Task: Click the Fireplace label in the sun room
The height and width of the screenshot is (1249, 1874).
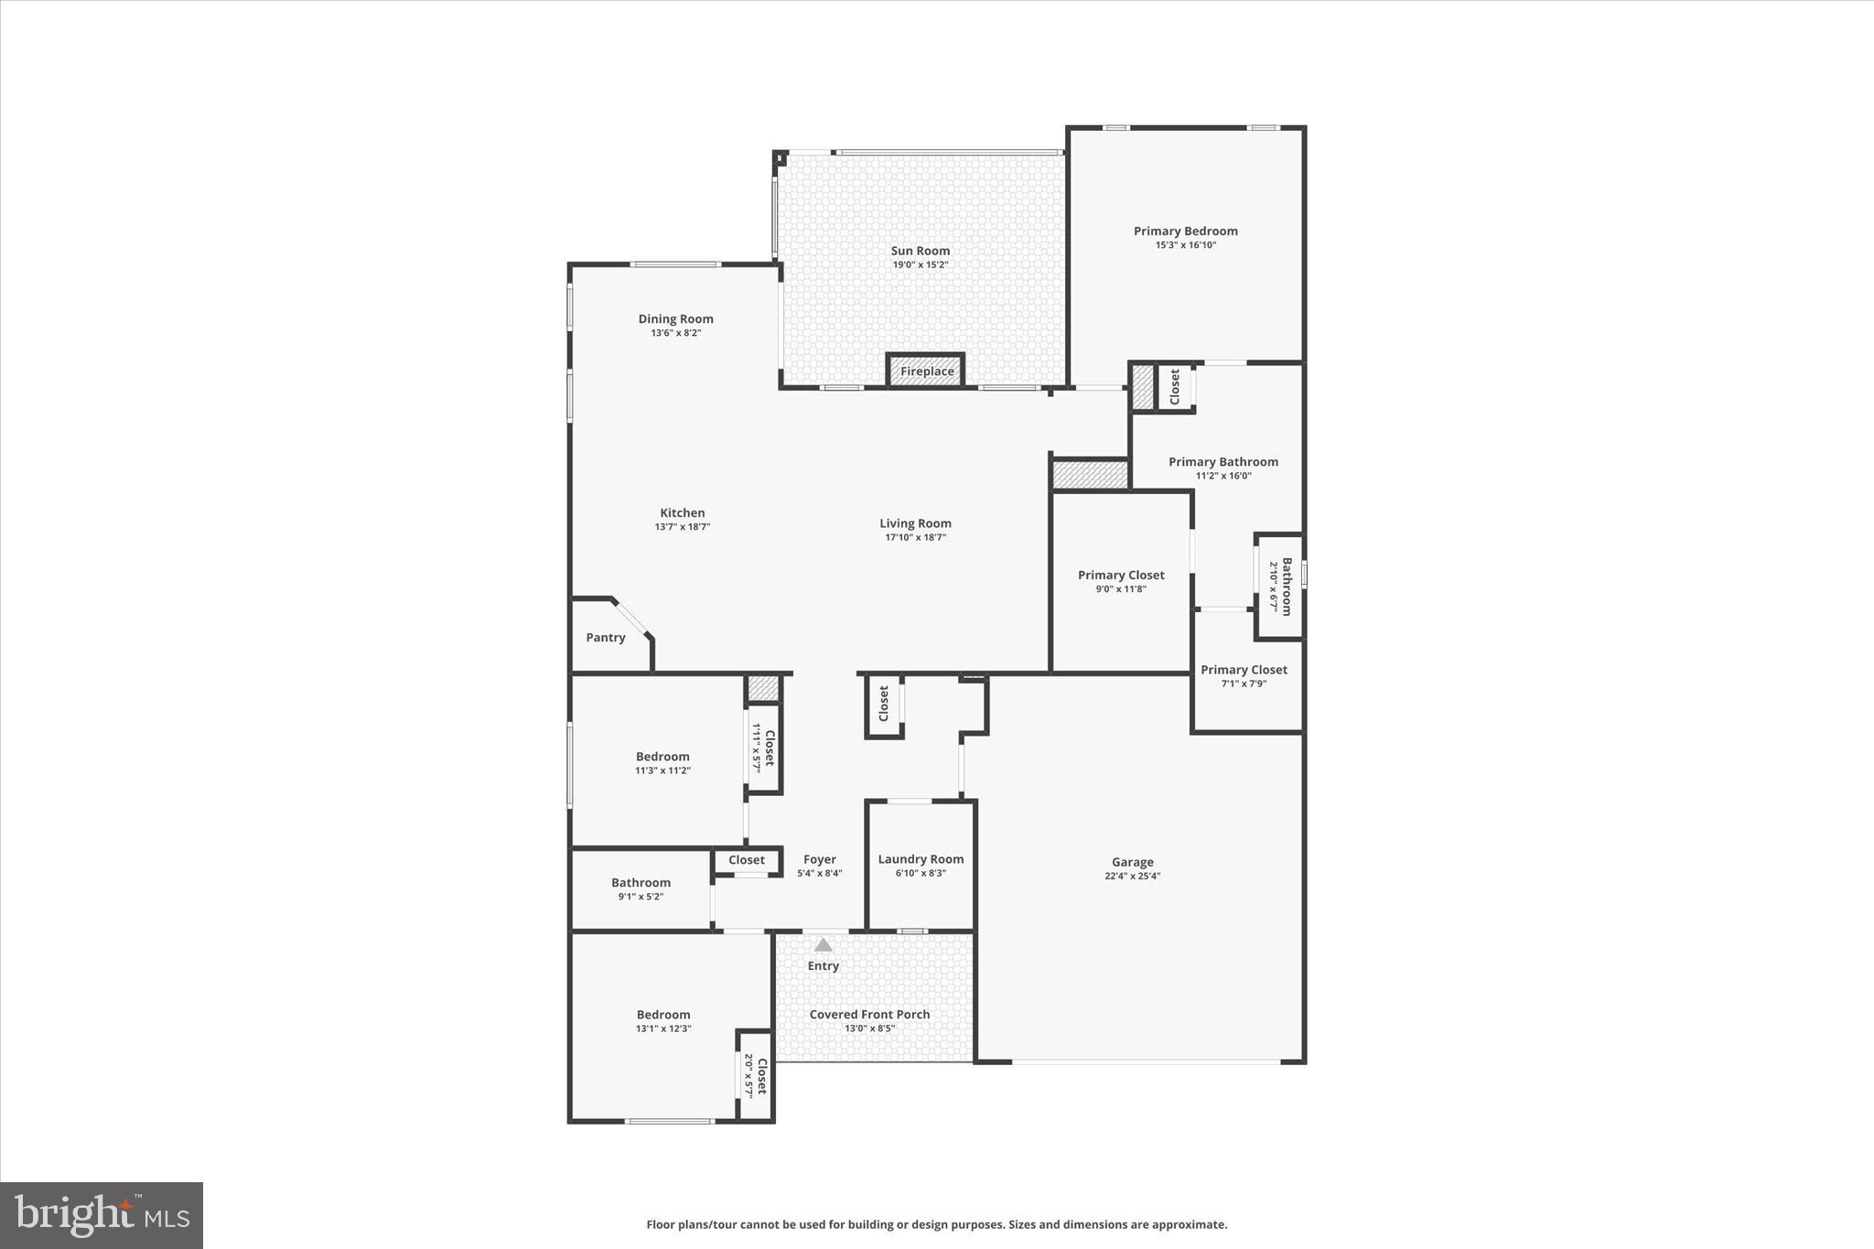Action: coord(926,371)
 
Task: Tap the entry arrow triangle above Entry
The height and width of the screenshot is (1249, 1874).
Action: coord(824,944)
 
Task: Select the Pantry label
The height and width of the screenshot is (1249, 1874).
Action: coord(606,638)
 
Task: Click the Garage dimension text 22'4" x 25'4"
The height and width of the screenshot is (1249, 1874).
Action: coord(1132,876)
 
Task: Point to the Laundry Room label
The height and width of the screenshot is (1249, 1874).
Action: coord(921,859)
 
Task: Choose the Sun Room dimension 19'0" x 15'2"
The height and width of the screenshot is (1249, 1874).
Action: coord(921,264)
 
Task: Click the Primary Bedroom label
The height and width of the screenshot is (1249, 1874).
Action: coord(1185,231)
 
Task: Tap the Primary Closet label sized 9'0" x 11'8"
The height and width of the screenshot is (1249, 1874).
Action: coord(1121,576)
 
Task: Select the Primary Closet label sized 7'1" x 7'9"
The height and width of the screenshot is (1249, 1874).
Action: coord(1244,670)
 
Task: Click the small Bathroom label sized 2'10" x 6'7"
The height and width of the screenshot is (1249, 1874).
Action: coord(1286,587)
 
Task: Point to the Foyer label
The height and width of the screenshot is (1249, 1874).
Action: coord(820,859)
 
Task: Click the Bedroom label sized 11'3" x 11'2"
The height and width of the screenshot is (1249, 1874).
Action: coord(662,757)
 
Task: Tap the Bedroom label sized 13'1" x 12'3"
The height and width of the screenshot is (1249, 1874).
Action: coord(663,1015)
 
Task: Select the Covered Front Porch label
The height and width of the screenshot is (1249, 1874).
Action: coord(869,1014)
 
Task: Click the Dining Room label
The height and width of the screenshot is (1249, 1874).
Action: coord(675,319)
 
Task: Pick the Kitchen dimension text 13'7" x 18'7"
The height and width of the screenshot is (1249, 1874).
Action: coord(683,527)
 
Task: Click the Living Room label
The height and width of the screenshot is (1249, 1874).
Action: coord(915,523)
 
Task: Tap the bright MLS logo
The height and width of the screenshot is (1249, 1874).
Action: coord(102,1215)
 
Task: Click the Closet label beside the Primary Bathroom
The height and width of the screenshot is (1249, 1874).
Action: coord(1175,387)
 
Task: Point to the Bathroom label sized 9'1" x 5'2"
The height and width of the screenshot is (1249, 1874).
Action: coord(641,883)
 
